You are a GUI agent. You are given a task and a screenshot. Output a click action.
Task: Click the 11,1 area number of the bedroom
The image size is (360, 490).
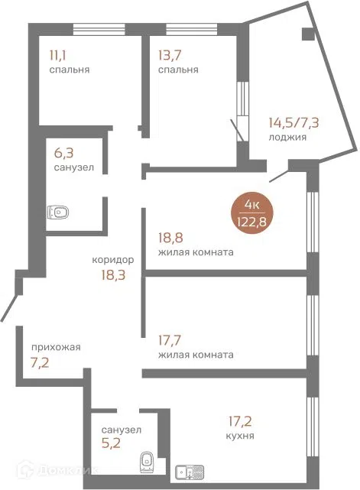tap(58, 56)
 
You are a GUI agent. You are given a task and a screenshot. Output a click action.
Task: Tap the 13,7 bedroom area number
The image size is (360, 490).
tap(170, 56)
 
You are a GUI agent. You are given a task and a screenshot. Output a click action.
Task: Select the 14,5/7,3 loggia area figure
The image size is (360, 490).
tap(294, 123)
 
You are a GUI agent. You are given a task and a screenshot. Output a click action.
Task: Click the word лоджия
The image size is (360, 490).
tap(287, 137)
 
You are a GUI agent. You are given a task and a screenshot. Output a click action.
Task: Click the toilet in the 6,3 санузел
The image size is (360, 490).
tap(58, 213)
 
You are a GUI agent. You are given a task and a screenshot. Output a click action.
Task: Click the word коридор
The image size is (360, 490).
tap(113, 260)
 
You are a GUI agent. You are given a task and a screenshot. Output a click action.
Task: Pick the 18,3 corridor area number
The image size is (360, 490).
tap(113, 275)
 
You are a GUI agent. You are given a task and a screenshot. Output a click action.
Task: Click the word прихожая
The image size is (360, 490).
tap(56, 347)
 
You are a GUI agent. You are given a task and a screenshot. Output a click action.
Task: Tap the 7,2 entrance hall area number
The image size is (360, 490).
tap(40, 363)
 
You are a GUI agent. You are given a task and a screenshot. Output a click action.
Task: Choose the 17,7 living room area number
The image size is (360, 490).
tap(170, 340)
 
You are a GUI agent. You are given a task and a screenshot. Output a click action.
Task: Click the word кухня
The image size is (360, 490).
tap(240, 436)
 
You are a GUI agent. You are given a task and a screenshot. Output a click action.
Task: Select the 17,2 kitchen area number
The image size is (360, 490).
tap(240, 421)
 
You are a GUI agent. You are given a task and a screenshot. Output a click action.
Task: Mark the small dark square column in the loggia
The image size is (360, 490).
tap(308, 34)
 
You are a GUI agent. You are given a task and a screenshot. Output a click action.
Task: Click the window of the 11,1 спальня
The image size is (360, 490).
tap(99, 29)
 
